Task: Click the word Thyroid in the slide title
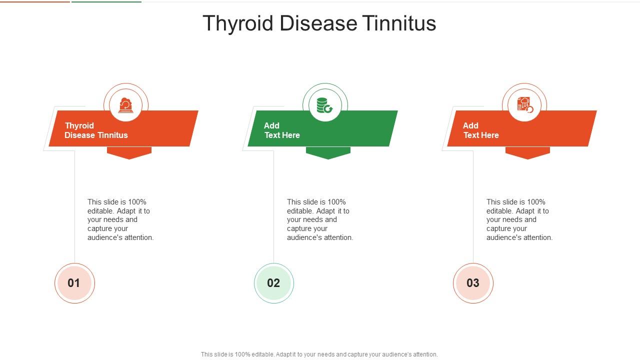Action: point(238,23)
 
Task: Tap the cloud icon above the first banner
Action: point(125,105)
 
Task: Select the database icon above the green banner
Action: point(325,105)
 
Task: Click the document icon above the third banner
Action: point(524,105)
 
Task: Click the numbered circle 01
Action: point(74,283)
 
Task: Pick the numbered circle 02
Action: point(273,283)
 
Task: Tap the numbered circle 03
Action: point(473,283)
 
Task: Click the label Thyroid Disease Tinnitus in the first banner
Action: point(96,130)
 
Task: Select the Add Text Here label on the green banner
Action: point(281,130)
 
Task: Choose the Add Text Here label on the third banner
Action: point(480,130)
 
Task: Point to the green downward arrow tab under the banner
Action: point(328,152)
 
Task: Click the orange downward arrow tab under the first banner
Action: point(129,152)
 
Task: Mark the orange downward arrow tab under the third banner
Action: point(527,152)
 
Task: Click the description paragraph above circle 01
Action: point(120,220)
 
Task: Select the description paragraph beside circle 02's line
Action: point(320,220)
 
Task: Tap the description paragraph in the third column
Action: point(519,220)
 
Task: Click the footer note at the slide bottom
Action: point(319,354)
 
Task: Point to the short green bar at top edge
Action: point(106,1)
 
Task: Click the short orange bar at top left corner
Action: point(35,1)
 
